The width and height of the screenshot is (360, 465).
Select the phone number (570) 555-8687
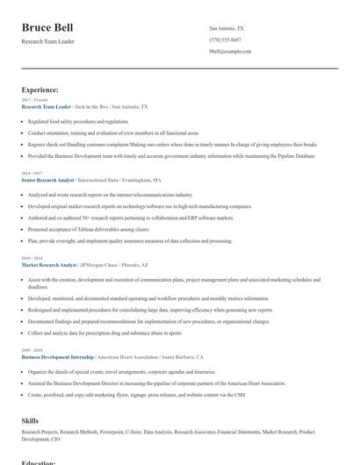pos(225,39)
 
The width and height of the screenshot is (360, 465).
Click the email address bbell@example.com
pos(230,51)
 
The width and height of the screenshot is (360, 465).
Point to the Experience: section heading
pos(40,89)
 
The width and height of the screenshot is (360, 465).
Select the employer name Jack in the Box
pos(92,106)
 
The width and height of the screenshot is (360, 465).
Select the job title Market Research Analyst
pos(49,264)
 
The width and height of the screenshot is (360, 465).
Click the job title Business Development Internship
pos(57,358)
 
